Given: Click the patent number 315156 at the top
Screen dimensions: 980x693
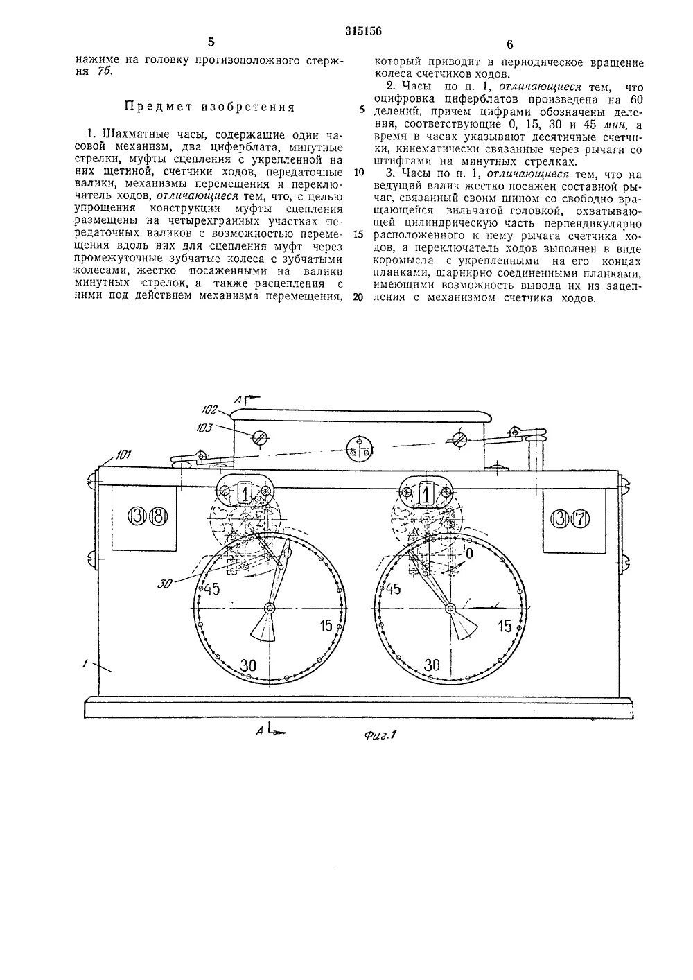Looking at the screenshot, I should [x=365, y=30].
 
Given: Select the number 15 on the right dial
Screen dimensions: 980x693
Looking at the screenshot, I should [x=505, y=626].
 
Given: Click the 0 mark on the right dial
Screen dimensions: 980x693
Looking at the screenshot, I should [x=469, y=553].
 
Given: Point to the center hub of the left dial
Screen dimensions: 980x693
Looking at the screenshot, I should [x=269, y=609].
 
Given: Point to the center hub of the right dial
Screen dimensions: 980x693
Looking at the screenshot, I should [x=450, y=609].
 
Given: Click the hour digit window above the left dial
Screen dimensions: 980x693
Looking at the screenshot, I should [x=246, y=493].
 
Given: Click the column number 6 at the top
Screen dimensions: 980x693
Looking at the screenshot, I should [x=509, y=44].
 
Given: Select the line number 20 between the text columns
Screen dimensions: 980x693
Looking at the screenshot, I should [x=358, y=298].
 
